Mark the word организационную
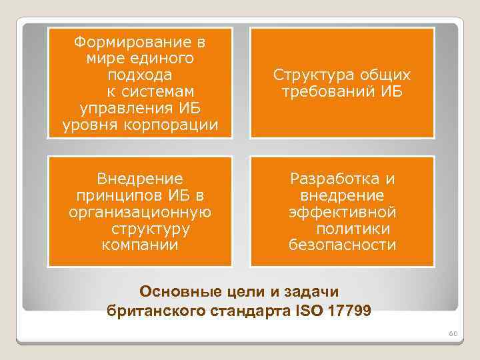click(140, 212)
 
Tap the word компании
click(139, 245)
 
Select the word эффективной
click(342, 212)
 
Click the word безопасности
click(342, 245)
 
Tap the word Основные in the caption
click(177, 291)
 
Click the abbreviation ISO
click(316, 311)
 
